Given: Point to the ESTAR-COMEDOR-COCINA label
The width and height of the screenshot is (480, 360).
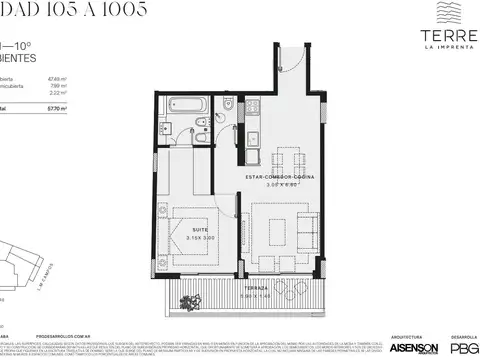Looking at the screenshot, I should [283, 177].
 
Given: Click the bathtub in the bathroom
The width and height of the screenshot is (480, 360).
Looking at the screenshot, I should [188, 105].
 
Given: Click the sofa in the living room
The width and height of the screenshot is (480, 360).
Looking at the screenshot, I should [305, 232].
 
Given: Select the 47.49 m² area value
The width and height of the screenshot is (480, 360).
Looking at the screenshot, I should [56, 77].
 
